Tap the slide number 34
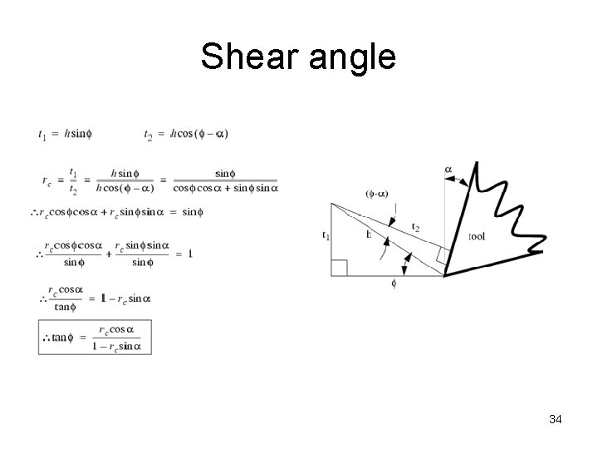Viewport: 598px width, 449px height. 556,419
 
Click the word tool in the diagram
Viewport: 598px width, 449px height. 477,237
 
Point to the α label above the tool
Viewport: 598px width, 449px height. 448,170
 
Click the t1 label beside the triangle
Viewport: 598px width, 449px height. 326,235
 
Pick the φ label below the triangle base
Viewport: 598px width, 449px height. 394,284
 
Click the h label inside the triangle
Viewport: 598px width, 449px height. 368,234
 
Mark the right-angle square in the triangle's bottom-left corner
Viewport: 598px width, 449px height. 339,268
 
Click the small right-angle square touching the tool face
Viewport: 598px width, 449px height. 442,255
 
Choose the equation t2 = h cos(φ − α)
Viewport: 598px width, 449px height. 186,133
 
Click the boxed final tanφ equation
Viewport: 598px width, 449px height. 95,337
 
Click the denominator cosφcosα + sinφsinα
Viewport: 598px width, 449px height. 225,188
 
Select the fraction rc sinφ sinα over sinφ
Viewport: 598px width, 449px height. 142,254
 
